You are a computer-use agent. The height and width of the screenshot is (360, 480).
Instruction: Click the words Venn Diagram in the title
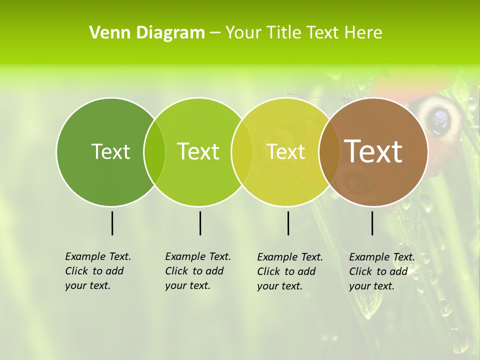147,33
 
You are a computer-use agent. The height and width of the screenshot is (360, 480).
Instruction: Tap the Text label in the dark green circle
110,151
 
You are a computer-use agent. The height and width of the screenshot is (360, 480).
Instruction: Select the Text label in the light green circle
198,151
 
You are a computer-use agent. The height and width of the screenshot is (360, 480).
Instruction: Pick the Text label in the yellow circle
285,151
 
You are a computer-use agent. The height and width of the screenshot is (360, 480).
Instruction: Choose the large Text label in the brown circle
373,151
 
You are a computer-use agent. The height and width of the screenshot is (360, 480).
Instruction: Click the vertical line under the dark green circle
112,223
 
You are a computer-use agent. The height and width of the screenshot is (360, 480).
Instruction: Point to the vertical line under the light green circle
200,223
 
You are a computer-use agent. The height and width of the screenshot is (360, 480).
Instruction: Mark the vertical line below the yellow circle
288,223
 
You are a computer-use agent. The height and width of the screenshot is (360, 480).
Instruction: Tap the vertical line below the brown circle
372,223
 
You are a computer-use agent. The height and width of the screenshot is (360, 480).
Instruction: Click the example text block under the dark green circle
97,271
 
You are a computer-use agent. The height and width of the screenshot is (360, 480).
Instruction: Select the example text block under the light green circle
197,271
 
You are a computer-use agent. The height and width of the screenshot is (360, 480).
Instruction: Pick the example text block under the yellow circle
289,271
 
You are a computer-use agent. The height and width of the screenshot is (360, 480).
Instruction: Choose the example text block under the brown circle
381,271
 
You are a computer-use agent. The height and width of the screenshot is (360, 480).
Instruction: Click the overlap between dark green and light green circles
154,151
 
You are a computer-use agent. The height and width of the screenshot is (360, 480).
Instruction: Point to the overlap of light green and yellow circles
242,151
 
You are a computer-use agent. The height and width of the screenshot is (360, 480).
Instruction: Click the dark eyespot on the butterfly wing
440,118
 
